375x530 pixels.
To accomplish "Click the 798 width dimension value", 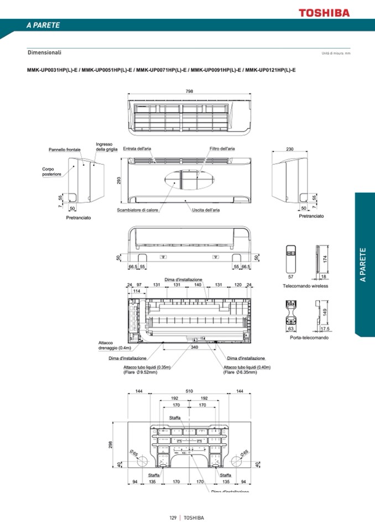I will (x=189, y=91).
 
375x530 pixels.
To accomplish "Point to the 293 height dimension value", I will (x=118, y=181).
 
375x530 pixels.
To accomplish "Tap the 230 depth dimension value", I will (x=290, y=149).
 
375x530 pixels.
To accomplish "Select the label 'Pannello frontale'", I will (x=64, y=150).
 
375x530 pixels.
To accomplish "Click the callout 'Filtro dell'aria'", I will (x=222, y=149).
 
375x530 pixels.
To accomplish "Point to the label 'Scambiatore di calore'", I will (x=138, y=210).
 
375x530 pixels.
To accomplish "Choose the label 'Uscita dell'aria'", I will (x=206, y=210).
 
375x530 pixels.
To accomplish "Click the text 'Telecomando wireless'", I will (x=305, y=286).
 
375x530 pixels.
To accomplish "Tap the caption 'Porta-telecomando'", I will (x=309, y=338).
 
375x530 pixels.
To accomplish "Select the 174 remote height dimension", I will (x=325, y=258).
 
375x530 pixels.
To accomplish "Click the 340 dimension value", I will (x=194, y=348).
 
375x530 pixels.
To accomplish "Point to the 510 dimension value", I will (x=189, y=391).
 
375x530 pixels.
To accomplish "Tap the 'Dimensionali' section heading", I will (x=44, y=53).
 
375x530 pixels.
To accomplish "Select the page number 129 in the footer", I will (x=173, y=518).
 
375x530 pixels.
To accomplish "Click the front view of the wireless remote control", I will (x=291, y=257).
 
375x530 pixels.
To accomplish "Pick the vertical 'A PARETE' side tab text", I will (x=363, y=265).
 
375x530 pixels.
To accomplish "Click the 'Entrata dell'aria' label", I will (x=137, y=149).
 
